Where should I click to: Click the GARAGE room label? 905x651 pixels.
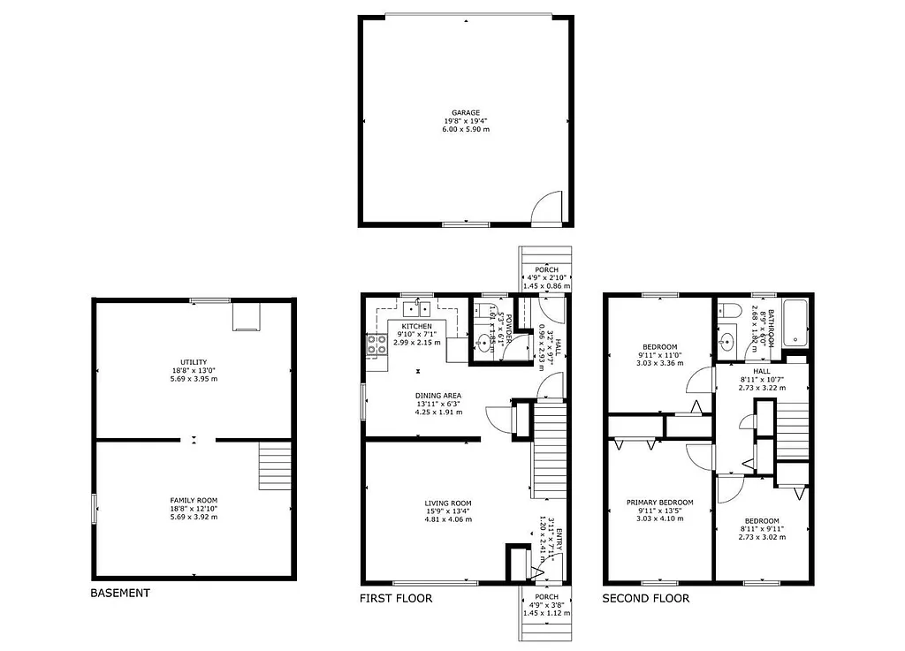[x=466, y=112]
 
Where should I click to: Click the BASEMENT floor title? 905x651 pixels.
[x=120, y=593]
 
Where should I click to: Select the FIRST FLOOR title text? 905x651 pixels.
[x=396, y=598]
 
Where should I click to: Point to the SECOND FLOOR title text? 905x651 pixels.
[x=645, y=598]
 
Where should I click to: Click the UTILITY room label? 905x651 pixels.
[x=194, y=361]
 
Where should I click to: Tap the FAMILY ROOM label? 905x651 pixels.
[x=194, y=500]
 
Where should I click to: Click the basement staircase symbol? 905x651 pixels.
[x=275, y=466]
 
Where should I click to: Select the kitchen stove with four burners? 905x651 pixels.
[x=376, y=345]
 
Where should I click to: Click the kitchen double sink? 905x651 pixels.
[x=416, y=308]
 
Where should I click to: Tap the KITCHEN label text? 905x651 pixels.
[x=416, y=326]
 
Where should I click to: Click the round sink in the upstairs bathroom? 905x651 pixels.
[x=728, y=342]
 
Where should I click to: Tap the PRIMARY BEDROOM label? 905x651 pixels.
[x=660, y=502]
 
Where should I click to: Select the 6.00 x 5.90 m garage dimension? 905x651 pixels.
[x=466, y=129]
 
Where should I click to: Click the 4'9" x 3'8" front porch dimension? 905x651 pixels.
[x=545, y=604]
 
